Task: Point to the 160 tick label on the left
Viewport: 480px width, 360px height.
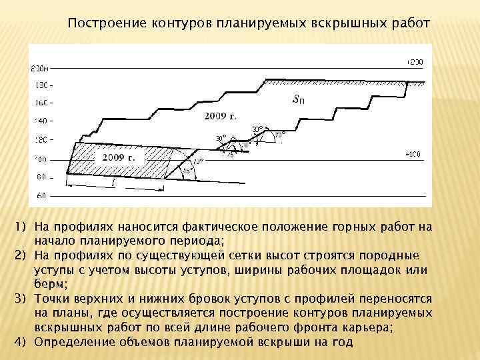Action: click(x=41, y=103)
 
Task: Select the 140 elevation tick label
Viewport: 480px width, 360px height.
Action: click(x=41, y=122)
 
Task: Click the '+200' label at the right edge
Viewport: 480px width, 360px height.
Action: click(x=414, y=62)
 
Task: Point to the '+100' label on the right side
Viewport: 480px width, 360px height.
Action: click(x=414, y=155)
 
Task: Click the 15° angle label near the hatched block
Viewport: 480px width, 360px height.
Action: click(x=188, y=170)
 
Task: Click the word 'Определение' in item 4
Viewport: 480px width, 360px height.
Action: click(x=72, y=342)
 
